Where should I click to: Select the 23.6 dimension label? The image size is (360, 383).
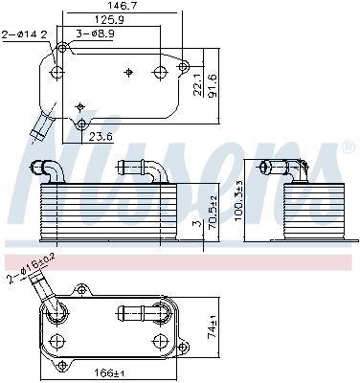tap(101, 136)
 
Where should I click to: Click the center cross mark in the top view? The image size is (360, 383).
tap(128, 71)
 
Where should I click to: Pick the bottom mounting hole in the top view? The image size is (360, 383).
tap(82, 124)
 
